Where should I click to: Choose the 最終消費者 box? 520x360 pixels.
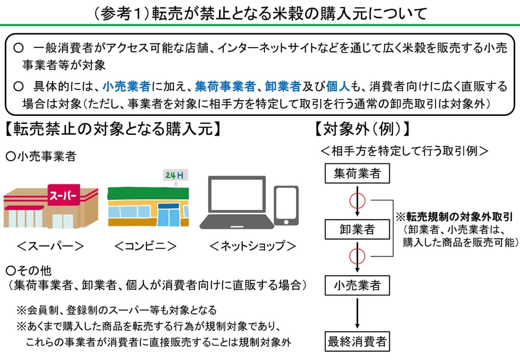(x=357, y=341)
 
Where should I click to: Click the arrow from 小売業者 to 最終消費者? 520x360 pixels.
(x=357, y=313)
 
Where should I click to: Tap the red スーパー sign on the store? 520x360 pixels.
(x=64, y=195)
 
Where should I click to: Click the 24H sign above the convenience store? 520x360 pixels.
(x=175, y=175)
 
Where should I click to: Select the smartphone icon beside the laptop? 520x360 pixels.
(x=286, y=206)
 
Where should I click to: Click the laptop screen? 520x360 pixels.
(x=237, y=194)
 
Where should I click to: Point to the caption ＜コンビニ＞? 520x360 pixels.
(x=145, y=246)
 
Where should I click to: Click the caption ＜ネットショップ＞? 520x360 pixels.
(x=253, y=246)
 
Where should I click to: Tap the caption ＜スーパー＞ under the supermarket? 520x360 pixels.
(x=50, y=246)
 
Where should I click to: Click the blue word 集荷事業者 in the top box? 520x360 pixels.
(x=225, y=86)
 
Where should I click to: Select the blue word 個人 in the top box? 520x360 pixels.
(x=338, y=86)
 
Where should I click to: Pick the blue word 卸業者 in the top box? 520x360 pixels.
(x=283, y=86)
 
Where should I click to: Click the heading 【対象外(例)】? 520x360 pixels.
(x=362, y=129)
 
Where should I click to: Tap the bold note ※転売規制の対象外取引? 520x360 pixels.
(x=454, y=217)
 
